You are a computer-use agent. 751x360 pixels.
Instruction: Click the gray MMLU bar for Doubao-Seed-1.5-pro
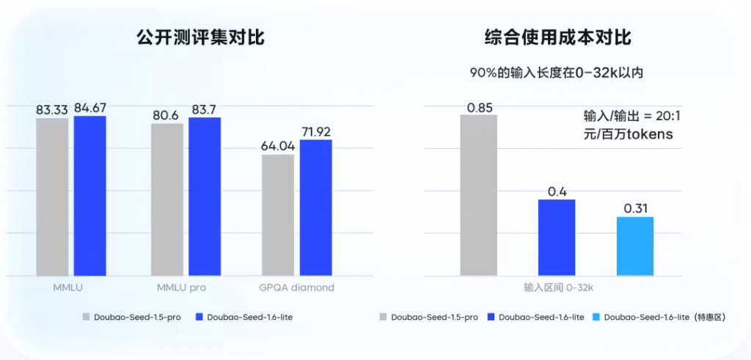coord(52,196)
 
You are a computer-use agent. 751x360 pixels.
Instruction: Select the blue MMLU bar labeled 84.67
coord(89,196)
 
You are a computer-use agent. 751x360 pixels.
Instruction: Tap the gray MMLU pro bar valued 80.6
coord(167,199)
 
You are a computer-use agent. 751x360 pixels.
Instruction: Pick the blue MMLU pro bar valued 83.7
coord(205,196)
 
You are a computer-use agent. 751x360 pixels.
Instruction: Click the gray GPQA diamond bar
coord(278,215)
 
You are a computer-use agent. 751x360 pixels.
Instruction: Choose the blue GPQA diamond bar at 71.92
coord(315,207)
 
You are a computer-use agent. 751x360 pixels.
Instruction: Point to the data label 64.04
coord(278,146)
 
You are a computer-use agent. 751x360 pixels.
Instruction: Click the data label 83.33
coord(52,110)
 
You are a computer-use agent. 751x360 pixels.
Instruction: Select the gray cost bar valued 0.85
coord(479,195)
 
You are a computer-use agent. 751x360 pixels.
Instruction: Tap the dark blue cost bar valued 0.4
coord(557,238)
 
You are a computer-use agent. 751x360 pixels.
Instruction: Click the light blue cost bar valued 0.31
coord(634,246)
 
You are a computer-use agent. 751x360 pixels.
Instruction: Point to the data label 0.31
coord(634,209)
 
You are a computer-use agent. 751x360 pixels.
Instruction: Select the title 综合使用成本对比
coord(558,37)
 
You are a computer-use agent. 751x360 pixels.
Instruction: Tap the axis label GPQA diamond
coord(296,287)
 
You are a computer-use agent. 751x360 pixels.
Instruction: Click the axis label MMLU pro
coord(181,287)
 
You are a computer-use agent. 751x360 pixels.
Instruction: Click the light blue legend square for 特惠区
coord(595,317)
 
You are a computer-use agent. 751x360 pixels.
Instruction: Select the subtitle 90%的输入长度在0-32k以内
coord(557,73)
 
